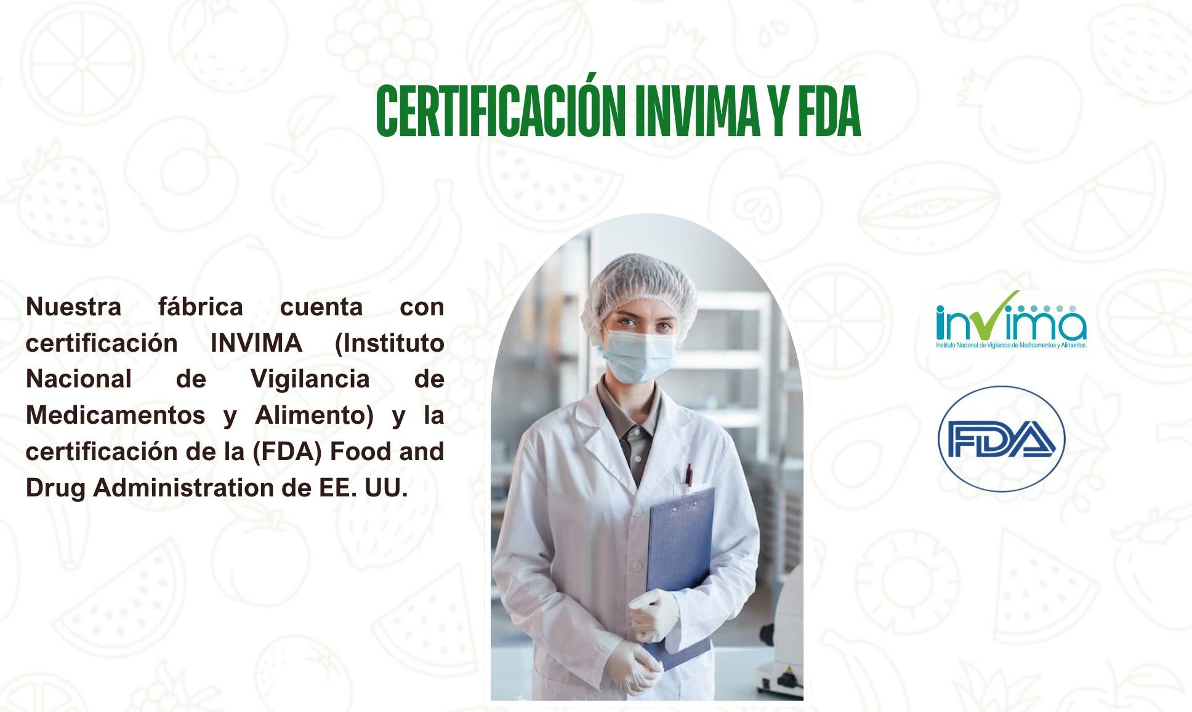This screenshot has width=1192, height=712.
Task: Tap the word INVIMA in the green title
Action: [x=698, y=111]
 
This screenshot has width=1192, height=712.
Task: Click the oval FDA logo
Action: [x=1002, y=439]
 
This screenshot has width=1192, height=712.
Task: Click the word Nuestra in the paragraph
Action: [x=74, y=307]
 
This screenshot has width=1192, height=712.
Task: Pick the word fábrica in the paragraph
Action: [x=201, y=307]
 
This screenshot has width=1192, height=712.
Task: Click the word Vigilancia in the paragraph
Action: [x=310, y=379]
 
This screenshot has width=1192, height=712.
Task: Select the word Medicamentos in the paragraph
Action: [x=116, y=415]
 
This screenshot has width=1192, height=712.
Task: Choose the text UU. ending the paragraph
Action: [x=387, y=488]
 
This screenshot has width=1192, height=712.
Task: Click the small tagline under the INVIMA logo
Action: [x=1011, y=346]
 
